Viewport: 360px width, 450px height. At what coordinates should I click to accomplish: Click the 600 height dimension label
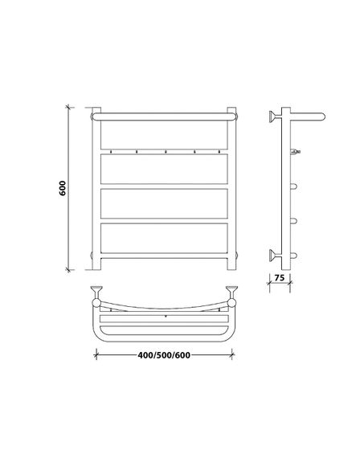pos(63,188)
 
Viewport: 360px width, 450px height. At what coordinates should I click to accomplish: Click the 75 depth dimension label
pos(280,278)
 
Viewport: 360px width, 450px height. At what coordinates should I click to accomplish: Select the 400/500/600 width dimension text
pos(164,355)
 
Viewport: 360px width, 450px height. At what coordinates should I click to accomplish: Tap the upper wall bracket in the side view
pos(275,117)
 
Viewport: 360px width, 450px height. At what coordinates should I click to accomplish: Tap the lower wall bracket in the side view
pos(275,256)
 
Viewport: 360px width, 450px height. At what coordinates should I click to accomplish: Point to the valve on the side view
pos(295,152)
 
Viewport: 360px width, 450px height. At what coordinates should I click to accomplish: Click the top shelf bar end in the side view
pos(308,117)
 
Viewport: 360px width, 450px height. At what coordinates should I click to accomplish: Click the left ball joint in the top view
pos(96,302)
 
